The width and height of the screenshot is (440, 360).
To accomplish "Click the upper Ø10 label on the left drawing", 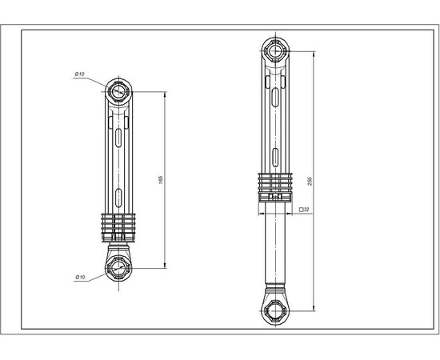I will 80,74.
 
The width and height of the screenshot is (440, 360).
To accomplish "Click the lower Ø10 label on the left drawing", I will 80,277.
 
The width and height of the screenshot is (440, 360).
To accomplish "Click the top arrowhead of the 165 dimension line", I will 166,94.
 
